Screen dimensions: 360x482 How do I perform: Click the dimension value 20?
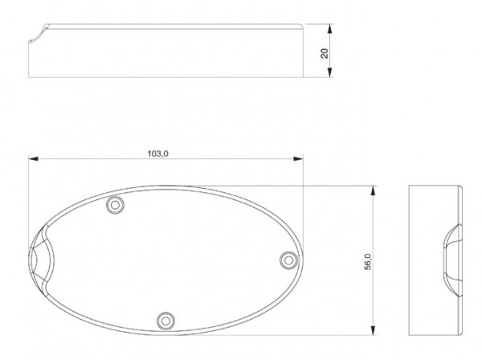[324, 52]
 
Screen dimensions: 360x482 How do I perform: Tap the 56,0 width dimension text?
[366, 262]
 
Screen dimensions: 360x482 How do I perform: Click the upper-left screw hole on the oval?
[116, 206]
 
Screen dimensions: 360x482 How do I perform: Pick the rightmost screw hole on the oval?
[288, 259]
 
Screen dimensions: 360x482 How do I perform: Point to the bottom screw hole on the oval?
[165, 319]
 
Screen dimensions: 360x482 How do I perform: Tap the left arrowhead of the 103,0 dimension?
[32, 159]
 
